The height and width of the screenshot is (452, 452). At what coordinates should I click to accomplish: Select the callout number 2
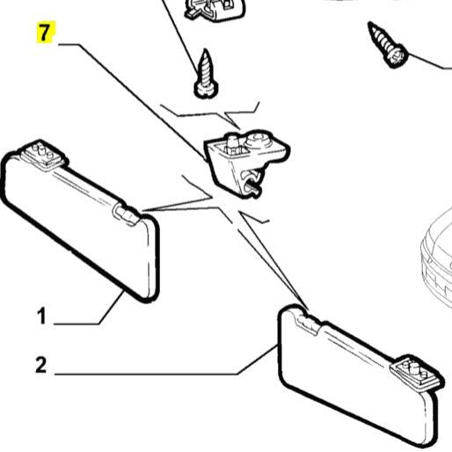(x=40, y=365)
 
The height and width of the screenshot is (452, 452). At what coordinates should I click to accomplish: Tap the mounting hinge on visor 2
(x=414, y=372)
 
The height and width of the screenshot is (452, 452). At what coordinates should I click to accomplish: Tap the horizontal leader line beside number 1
(x=79, y=324)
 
